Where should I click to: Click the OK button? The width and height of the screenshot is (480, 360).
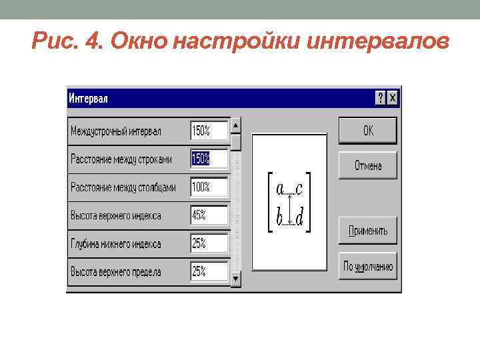coord(367,131)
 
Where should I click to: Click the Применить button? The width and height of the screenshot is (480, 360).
coord(367,231)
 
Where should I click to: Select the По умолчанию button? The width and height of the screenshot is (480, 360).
coord(367,267)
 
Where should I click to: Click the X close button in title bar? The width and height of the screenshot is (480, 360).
coord(393,98)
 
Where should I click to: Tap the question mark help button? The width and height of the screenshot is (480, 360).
coord(381,98)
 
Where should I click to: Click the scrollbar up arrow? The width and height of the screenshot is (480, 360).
coord(236,125)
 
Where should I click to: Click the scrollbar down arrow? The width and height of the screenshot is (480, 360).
coord(236,279)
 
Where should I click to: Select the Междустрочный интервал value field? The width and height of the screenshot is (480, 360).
coord(209,131)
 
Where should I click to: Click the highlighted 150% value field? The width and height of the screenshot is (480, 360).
coord(209,159)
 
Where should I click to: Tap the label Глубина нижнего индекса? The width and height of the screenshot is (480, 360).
coord(116,244)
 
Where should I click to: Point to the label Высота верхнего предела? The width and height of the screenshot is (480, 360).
coord(116,272)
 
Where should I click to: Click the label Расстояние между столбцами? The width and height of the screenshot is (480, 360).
coord(123,188)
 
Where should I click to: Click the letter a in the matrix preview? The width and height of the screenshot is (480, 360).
coord(280,190)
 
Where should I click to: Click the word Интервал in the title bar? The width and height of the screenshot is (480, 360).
coord(88,99)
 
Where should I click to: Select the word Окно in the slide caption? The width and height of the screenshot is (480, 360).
coord(139,43)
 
